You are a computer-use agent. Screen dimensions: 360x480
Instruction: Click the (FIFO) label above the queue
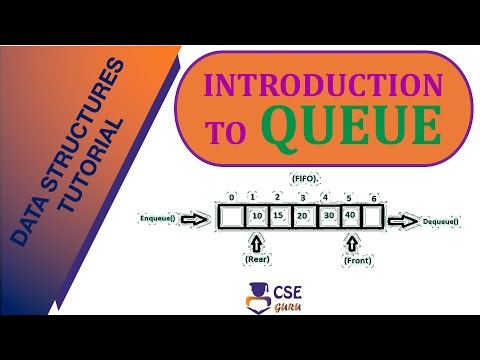(305, 178)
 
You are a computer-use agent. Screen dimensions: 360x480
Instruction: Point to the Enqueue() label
(161, 216)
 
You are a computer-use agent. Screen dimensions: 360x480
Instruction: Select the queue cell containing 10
(256, 216)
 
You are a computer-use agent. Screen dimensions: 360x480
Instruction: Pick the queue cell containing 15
(280, 216)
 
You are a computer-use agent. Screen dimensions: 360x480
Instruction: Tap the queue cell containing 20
(303, 216)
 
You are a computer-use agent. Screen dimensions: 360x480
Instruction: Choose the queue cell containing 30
(327, 216)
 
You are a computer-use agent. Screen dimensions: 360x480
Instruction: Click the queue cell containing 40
(350, 216)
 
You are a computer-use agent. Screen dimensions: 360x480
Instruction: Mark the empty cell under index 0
(231, 216)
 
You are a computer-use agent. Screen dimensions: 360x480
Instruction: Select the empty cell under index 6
(373, 216)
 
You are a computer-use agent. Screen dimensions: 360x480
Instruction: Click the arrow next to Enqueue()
(201, 216)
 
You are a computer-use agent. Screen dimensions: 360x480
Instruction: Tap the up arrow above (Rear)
(256, 243)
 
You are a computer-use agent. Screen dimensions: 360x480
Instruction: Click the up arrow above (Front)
(351, 243)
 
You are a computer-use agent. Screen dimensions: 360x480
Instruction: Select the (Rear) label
(256, 260)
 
